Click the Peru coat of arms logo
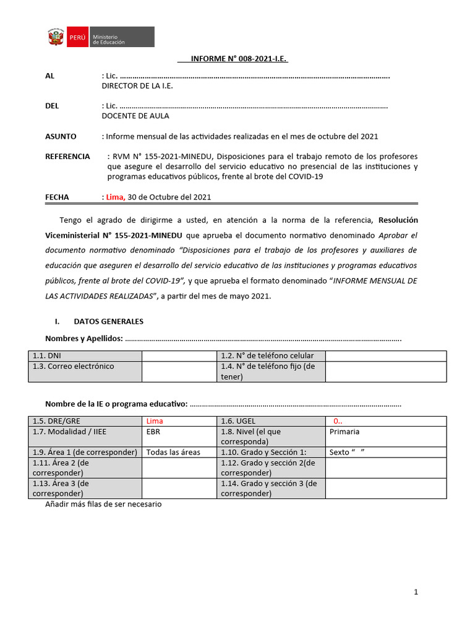pyautogui.click(x=56, y=37)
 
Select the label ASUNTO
pyautogui.click(x=61, y=136)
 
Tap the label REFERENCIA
pyautogui.click(x=67, y=157)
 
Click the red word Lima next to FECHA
pyautogui.click(x=115, y=198)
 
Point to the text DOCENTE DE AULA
pyautogui.click(x=135, y=116)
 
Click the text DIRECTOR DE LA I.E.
pyautogui.click(x=137, y=86)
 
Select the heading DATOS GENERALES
pyautogui.click(x=108, y=321)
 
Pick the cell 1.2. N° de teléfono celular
pyautogui.click(x=267, y=356)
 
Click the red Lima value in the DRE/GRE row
pyautogui.click(x=155, y=421)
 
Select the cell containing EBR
pyautogui.click(x=153, y=432)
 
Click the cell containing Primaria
pyautogui.click(x=344, y=432)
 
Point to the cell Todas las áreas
pyautogui.click(x=173, y=453)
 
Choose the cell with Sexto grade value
pyautogui.click(x=347, y=453)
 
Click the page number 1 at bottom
pyautogui.click(x=416, y=593)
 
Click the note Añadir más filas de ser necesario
pyautogui.click(x=103, y=505)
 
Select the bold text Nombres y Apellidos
pyautogui.click(x=84, y=339)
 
